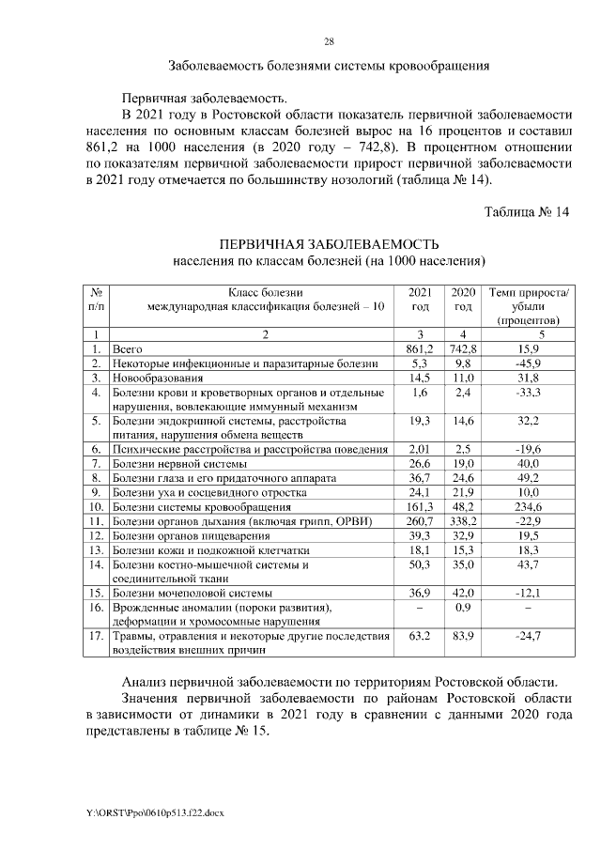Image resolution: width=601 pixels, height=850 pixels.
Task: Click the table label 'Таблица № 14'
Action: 527,211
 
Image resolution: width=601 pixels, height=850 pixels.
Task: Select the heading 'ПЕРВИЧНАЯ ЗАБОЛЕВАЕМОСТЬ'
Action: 330,243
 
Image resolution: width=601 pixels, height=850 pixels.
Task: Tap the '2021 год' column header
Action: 420,300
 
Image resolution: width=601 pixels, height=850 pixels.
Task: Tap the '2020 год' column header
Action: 463,300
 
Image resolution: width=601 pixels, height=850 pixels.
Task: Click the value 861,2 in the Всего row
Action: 420,348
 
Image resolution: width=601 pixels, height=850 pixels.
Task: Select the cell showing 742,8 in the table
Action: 463,348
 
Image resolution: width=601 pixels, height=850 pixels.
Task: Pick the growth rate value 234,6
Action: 529,507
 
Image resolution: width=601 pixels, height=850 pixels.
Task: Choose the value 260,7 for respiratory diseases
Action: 420,521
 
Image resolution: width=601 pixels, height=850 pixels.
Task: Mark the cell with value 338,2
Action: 463,521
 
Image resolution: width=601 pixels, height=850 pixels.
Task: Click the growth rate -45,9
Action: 529,363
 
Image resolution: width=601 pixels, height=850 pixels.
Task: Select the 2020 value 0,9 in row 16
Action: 463,608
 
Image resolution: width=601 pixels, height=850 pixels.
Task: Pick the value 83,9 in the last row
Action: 463,637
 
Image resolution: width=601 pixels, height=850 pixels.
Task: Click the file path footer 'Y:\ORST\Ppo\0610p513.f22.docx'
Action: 154,810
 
